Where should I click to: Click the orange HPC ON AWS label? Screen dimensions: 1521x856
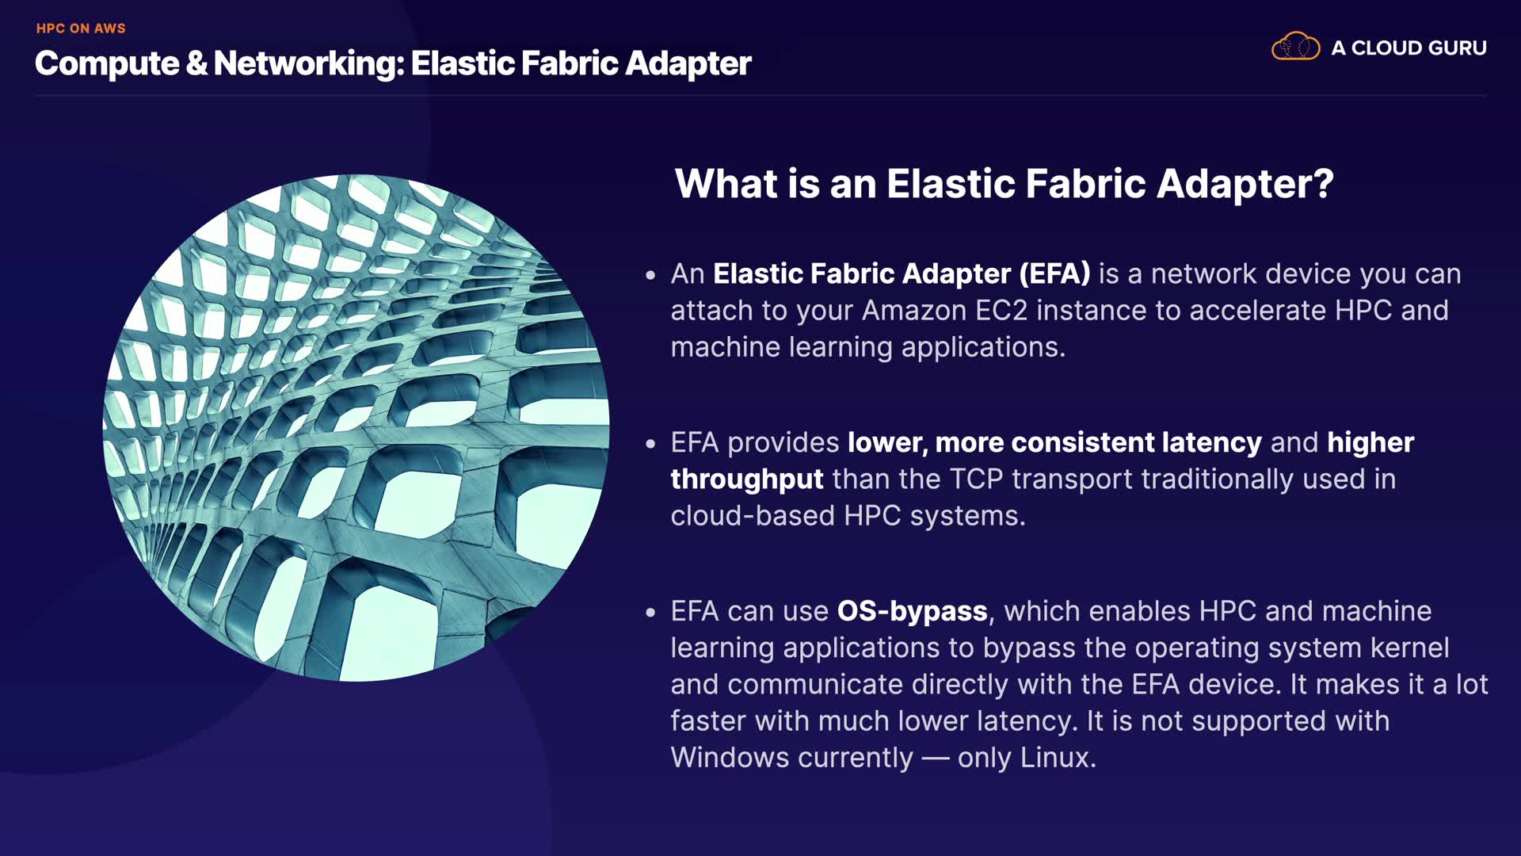pos(81,29)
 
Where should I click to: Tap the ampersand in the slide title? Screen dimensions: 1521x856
pos(196,63)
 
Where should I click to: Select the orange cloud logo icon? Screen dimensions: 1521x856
pos(1295,47)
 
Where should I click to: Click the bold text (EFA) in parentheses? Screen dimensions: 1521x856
pos(1054,273)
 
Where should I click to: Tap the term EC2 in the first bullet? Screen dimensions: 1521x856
pos(1001,310)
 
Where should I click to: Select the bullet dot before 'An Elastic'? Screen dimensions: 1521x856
pos(650,276)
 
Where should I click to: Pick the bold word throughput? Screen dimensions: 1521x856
pos(747,480)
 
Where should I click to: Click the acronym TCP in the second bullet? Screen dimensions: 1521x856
pos(976,479)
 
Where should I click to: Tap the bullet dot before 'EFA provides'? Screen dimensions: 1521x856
pos(650,445)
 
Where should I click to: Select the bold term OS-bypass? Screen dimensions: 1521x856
pos(913,611)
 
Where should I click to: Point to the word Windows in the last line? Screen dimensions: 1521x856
pos(730,757)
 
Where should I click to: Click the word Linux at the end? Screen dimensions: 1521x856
pos(1058,757)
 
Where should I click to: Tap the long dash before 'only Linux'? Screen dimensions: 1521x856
pos(936,759)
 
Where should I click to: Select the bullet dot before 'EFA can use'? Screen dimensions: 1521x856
pos(650,613)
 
